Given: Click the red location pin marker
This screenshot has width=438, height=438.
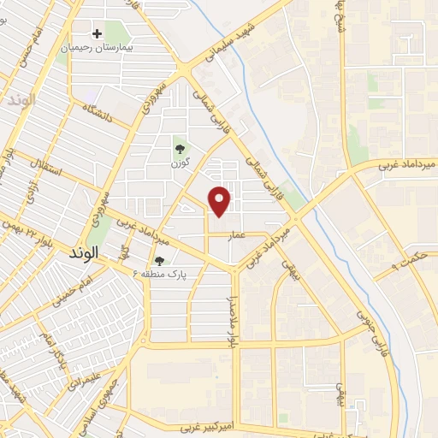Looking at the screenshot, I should pos(221,200).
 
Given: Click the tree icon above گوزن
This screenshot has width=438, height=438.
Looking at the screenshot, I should pos(179,147).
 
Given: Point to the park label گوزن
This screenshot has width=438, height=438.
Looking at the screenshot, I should pos(179,162).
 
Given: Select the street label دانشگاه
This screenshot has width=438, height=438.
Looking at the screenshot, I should pos(102,111).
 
